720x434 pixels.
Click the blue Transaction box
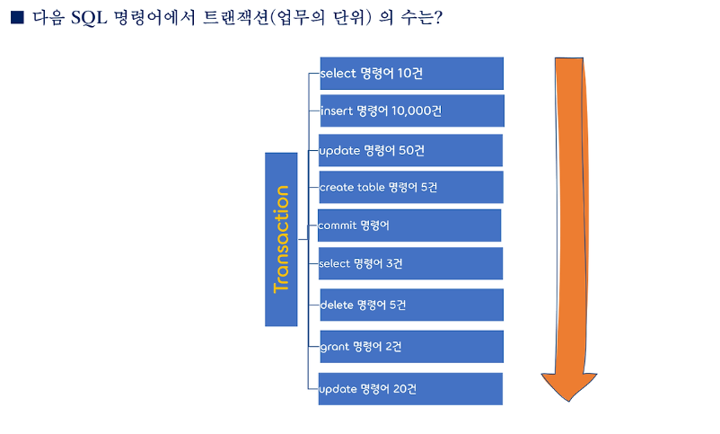281,239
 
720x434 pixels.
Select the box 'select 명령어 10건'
411,73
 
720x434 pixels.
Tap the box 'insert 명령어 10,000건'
411,111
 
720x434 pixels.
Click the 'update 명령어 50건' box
411,150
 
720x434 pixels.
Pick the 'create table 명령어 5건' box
411,187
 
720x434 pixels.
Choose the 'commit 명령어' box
409,226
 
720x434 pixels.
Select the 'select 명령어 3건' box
411,263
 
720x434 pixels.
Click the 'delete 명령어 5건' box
411,305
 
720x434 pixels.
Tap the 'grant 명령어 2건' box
411,346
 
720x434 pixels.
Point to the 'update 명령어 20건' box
411,389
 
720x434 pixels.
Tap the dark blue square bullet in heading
16,19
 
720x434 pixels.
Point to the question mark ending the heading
436,19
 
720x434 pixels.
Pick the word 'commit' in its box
338,226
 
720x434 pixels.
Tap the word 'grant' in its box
334,346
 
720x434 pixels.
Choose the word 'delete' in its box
336,305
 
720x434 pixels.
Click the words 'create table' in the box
352,187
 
